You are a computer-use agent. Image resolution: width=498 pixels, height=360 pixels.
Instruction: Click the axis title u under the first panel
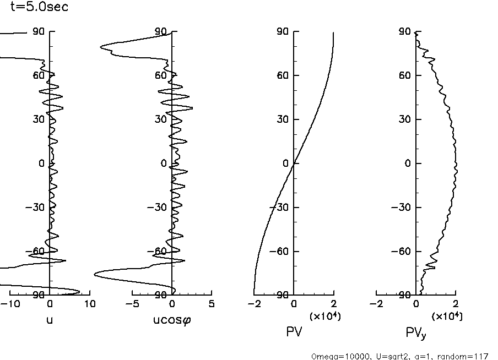tap(50, 320)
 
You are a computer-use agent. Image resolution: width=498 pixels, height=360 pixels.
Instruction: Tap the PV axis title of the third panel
tap(294, 332)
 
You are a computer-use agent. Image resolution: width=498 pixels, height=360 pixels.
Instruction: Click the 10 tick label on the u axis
tap(90, 304)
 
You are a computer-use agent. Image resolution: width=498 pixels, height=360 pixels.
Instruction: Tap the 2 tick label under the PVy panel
tap(456, 304)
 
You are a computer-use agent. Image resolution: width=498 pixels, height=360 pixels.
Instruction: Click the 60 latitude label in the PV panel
tap(284, 75)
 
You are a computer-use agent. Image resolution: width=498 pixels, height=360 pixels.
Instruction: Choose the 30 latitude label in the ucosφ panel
tap(161, 119)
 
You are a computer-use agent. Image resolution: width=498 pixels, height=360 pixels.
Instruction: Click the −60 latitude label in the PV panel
tap(281, 252)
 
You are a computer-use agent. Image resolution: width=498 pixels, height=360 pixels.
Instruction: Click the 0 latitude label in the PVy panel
tap(408, 163)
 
